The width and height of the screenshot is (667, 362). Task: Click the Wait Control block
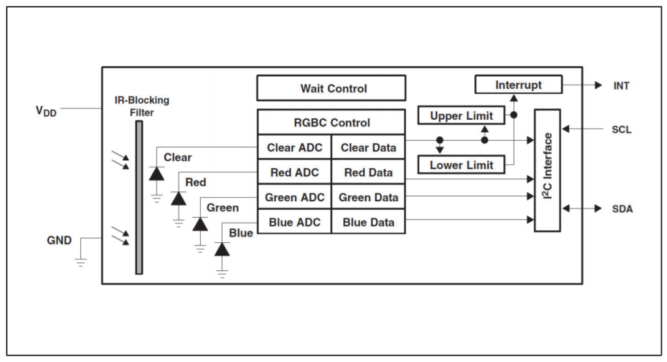coord(332,88)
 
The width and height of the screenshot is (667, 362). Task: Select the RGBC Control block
coord(332,122)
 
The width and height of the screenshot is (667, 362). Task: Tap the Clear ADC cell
coord(294,147)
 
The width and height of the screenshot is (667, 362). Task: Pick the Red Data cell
coord(369,173)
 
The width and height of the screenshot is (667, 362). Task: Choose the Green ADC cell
coord(294,197)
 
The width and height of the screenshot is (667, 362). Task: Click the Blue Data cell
coord(369,221)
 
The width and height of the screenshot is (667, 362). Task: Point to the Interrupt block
coord(518,85)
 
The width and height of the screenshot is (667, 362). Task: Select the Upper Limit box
coord(462,115)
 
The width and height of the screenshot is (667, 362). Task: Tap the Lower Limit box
coord(462,165)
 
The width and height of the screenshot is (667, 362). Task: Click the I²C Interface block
coord(547,170)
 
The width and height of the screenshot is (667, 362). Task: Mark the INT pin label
coord(621,86)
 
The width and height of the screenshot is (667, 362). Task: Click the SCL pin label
coord(621,130)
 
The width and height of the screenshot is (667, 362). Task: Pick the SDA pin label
coord(622,209)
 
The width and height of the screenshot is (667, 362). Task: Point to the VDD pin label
coord(46,111)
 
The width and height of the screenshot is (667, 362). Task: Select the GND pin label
coord(59,240)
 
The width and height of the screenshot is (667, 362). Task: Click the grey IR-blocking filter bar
coord(139,197)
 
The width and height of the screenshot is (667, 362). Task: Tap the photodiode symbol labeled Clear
coord(156,174)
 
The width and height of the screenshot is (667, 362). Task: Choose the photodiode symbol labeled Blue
coord(222,249)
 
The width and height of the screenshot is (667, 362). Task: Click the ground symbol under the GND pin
coord(80,262)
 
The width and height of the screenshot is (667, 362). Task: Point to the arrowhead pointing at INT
coord(598,85)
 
